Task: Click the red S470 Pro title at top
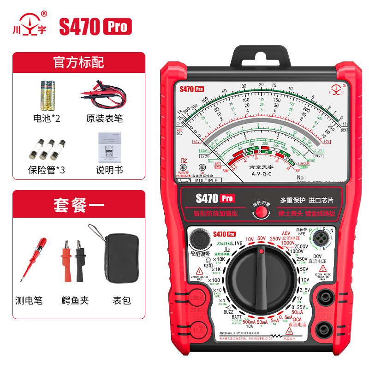[x=95, y=27]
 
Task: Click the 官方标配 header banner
[x=79, y=62]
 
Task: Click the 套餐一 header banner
[x=79, y=204]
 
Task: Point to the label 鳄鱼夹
[x=75, y=300]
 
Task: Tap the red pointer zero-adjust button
[x=262, y=212]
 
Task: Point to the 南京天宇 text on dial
[x=261, y=169]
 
